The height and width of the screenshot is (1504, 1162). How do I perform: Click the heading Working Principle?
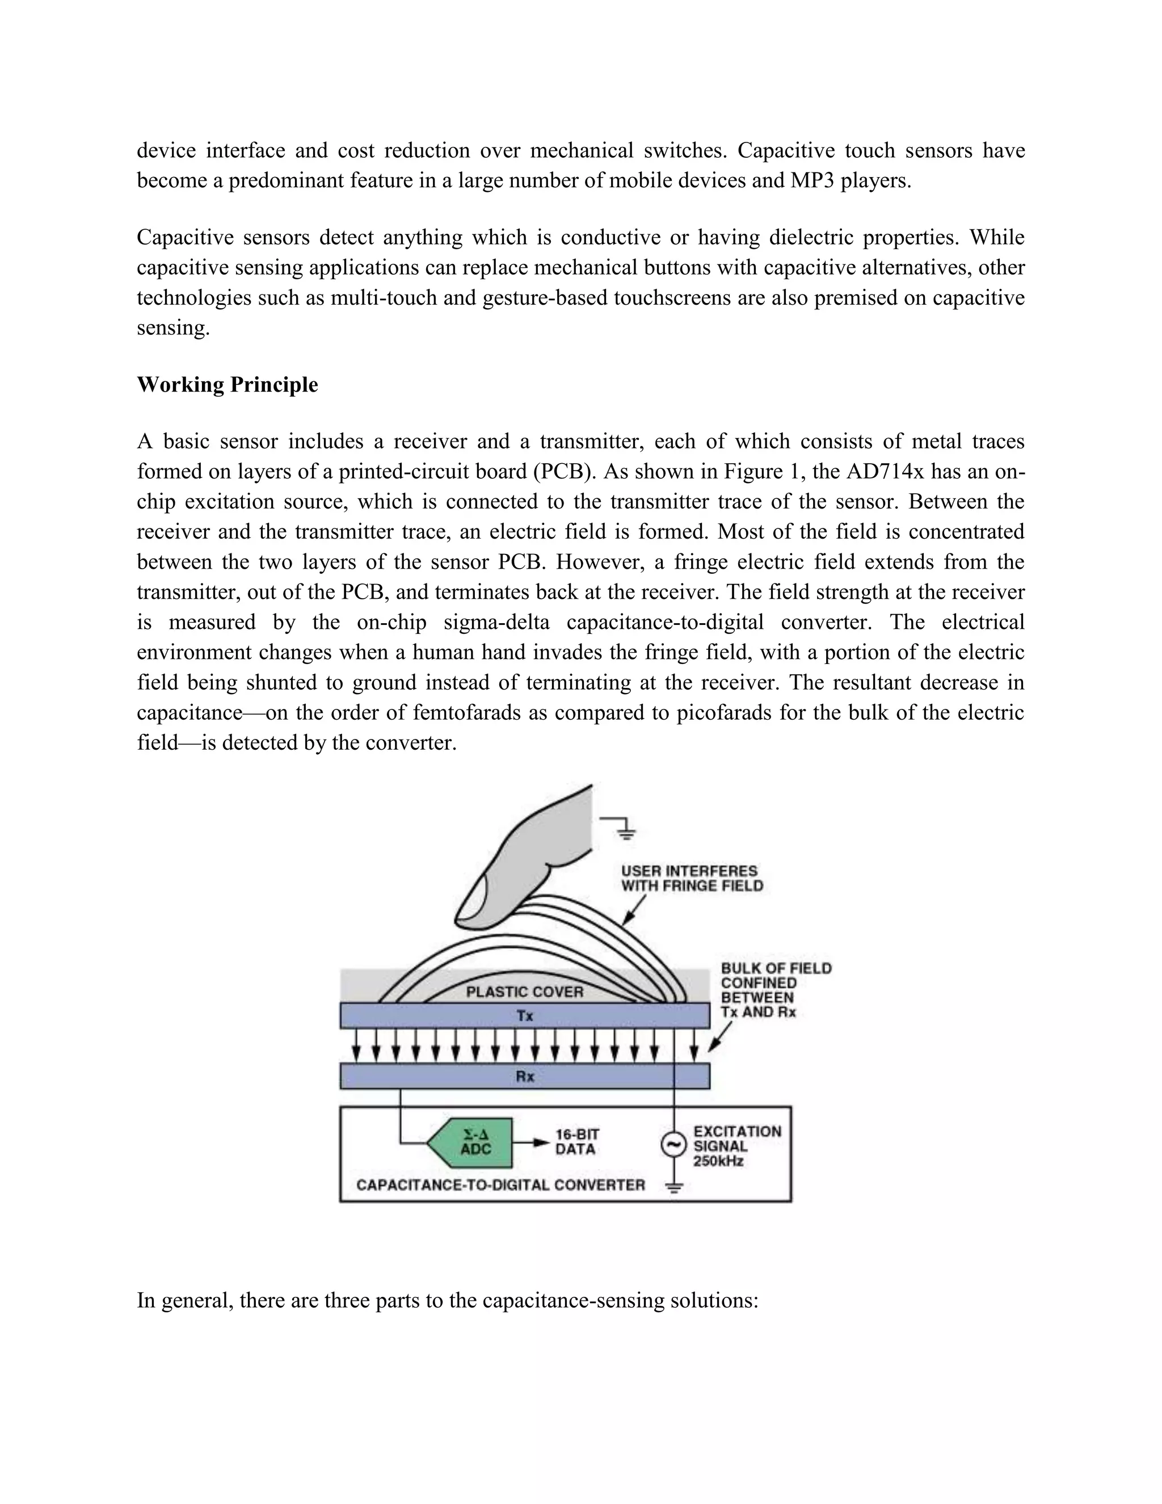(227, 384)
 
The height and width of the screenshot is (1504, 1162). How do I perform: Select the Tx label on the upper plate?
(525, 1016)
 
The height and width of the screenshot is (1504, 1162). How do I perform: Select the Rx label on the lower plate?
(525, 1076)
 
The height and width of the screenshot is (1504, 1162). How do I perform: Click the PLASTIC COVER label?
(525, 992)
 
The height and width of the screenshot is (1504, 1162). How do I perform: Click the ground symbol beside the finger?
(625, 829)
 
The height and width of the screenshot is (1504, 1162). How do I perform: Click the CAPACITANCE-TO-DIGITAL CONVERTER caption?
(500, 1184)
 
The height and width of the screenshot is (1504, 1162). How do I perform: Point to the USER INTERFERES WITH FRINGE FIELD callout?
(691, 878)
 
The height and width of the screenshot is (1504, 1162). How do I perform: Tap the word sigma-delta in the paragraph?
(496, 623)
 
